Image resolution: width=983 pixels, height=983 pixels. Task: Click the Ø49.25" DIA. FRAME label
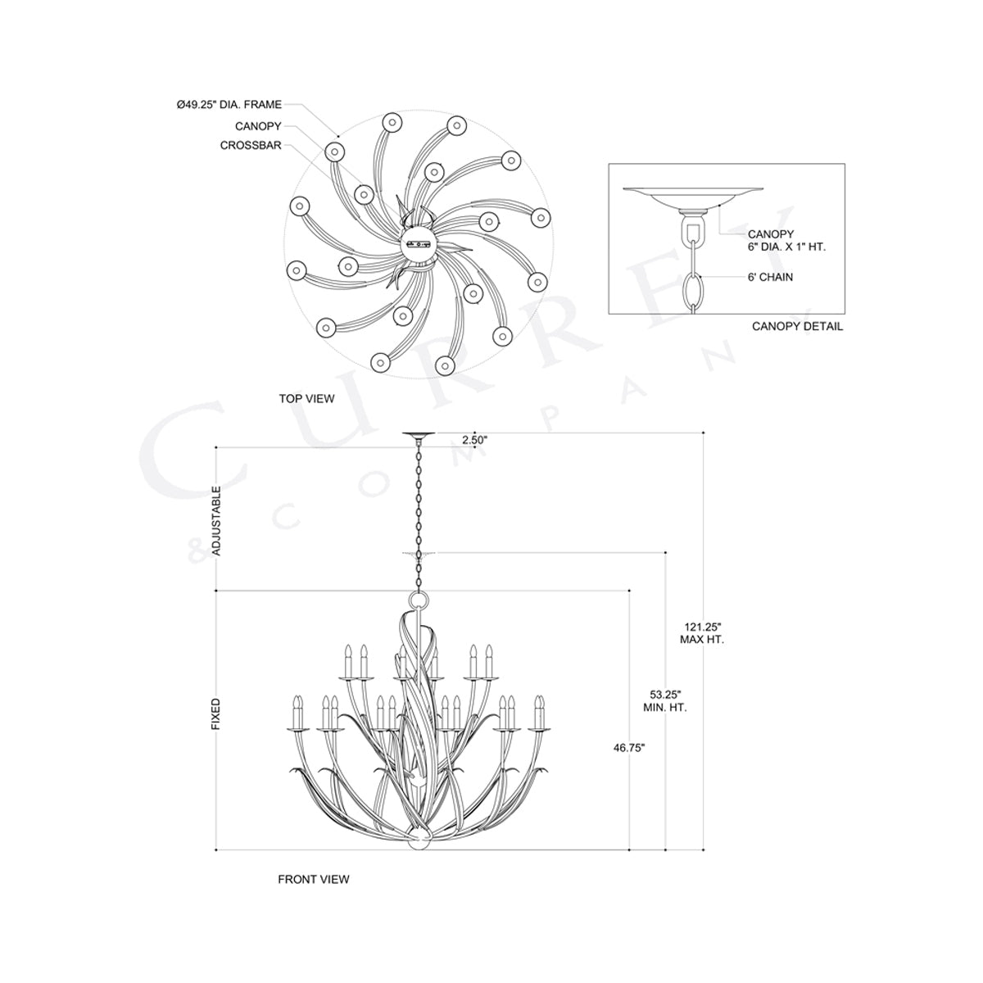pyautogui.click(x=229, y=105)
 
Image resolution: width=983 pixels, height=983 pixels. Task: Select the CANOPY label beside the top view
pyautogui.click(x=257, y=126)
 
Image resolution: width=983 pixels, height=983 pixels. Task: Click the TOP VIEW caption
pyautogui.click(x=306, y=399)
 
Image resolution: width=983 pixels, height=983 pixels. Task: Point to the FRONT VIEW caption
pyautogui.click(x=313, y=879)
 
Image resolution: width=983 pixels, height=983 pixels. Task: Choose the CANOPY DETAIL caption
pyautogui.click(x=797, y=327)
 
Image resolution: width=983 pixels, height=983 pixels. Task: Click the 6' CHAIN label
pyautogui.click(x=770, y=277)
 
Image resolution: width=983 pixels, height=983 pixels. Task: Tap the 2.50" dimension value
pyautogui.click(x=475, y=440)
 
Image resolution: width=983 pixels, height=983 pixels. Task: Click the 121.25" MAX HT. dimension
pyautogui.click(x=702, y=632)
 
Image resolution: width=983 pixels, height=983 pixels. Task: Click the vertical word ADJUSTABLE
pyautogui.click(x=217, y=521)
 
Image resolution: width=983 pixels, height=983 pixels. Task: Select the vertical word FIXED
pyautogui.click(x=217, y=713)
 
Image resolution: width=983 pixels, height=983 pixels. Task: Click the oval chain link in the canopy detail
pyautogui.click(x=695, y=290)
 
